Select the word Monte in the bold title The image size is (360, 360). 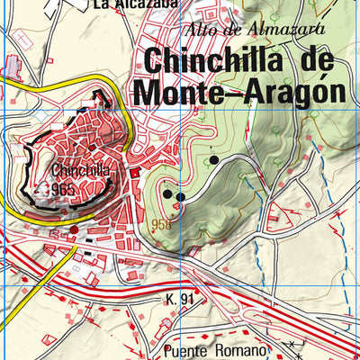[x=179, y=92]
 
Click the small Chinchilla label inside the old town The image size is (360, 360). [x=81, y=169]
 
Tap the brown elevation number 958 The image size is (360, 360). [x=162, y=225]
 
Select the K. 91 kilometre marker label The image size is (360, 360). [x=181, y=298]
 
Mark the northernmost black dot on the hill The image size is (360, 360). [x=214, y=160]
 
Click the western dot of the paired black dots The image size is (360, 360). [x=166, y=192]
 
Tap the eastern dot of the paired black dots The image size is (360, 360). [x=180, y=196]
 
